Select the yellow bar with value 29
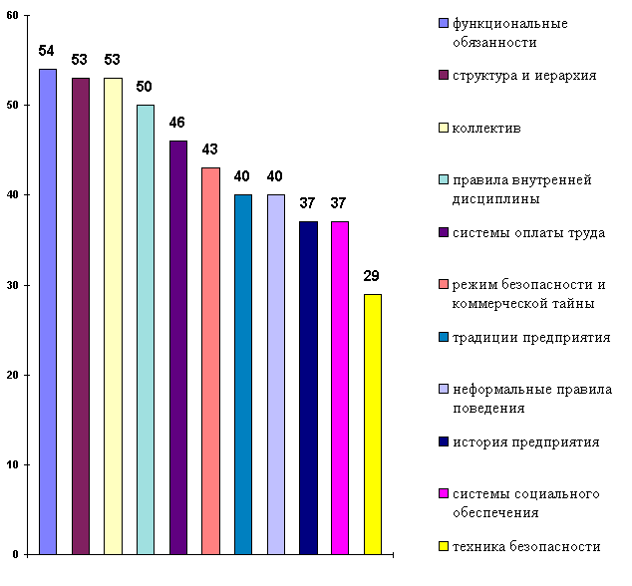coord(372,424)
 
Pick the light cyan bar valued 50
coord(146,329)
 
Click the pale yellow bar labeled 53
coord(113,315)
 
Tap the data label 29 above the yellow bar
coord(372,276)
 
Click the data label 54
coord(47,51)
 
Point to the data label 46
coord(177,123)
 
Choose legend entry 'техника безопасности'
coord(525,546)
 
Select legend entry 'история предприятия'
coord(525,441)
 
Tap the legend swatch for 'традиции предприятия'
coord(442,338)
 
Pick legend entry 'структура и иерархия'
coord(524,76)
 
